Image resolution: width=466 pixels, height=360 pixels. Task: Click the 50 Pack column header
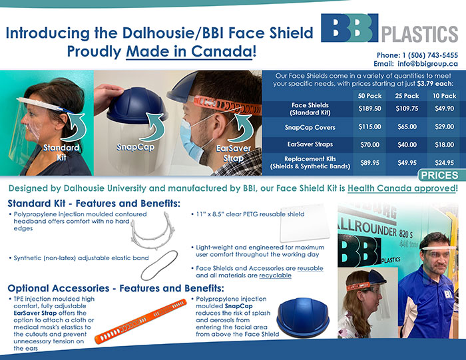click(369, 96)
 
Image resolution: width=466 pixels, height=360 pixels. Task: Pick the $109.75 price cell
click(407, 108)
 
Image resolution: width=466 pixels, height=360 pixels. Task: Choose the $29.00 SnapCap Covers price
click(444, 127)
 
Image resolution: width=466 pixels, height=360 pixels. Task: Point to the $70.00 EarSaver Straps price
click(369, 145)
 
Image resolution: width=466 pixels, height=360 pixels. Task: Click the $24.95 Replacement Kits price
click(444, 163)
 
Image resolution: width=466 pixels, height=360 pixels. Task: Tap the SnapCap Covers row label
click(310, 127)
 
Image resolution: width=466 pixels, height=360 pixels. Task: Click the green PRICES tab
click(440, 175)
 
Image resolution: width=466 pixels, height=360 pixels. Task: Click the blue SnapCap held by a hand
click(136, 104)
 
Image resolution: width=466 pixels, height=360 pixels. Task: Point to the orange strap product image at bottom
click(141, 321)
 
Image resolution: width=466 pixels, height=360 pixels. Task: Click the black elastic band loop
click(159, 266)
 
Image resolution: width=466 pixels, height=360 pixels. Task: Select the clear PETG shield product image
click(305, 224)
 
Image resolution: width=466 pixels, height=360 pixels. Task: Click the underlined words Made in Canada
click(189, 51)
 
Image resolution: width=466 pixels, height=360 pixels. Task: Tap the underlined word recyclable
click(275, 275)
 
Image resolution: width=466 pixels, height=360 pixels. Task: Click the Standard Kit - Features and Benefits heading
click(94, 204)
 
